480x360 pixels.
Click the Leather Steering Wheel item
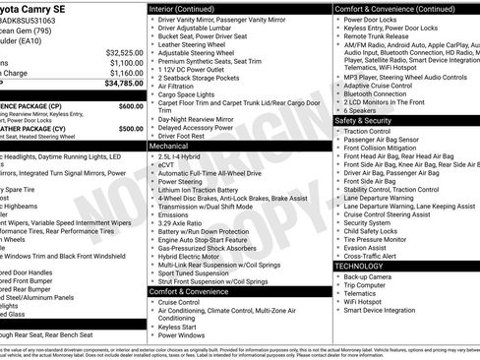pos(193,45)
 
